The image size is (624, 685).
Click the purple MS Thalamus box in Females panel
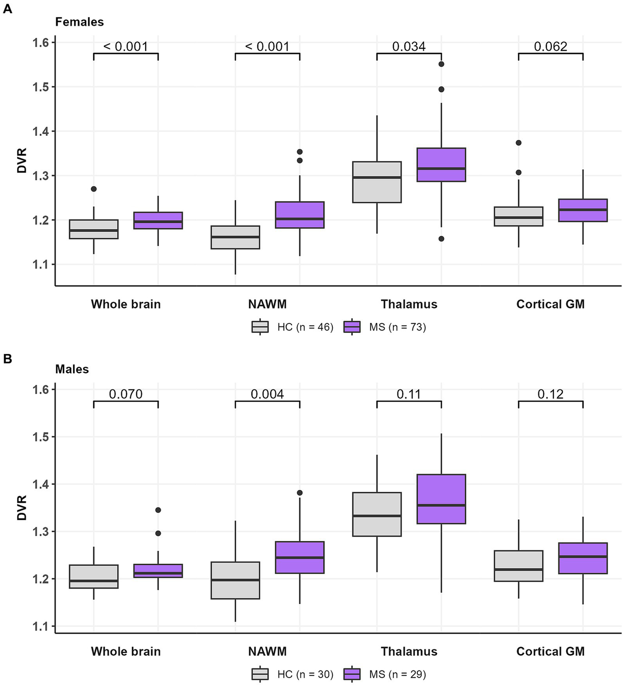point(441,164)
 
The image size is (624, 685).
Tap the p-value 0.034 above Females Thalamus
point(409,47)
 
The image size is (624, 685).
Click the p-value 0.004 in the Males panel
point(267,394)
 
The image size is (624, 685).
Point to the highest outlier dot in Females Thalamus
point(441,64)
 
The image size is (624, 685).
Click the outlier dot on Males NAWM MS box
point(300,493)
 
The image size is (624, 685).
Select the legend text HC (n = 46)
point(305,327)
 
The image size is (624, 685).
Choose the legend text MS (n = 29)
point(398,674)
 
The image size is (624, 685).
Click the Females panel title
point(80,22)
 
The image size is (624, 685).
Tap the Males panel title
point(72,369)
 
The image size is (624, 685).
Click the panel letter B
point(8,359)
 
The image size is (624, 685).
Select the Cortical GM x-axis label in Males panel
point(550,651)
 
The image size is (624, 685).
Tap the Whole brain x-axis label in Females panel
point(126,304)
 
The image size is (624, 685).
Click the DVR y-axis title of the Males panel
point(22,508)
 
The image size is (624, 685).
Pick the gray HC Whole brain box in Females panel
point(93,229)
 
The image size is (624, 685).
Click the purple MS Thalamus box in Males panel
point(441,499)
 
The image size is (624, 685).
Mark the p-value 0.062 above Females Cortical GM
point(550,47)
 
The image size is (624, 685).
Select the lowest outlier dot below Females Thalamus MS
point(441,239)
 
